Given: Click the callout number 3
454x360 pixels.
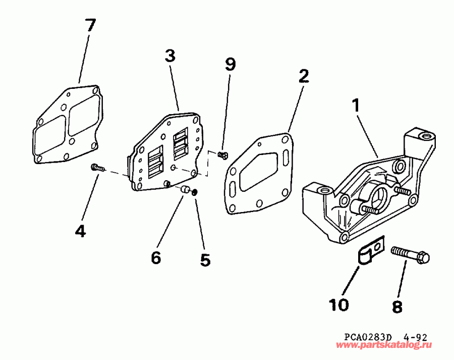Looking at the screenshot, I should tap(169, 57).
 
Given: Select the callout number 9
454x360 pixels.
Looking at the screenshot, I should tap(230, 64).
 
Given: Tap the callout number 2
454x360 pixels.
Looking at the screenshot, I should tap(303, 76).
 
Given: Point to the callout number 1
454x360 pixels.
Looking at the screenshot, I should tap(356, 106).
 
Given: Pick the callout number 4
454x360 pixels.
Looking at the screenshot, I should tap(80, 231).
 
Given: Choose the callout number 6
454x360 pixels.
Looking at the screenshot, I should tap(156, 258).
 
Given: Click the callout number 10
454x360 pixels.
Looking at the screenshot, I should tap(339, 304).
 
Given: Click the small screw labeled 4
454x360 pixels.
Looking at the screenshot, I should tap(97, 168).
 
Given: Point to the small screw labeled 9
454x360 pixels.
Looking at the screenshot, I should tap(222, 155).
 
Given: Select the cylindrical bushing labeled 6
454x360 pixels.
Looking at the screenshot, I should tap(185, 190).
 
